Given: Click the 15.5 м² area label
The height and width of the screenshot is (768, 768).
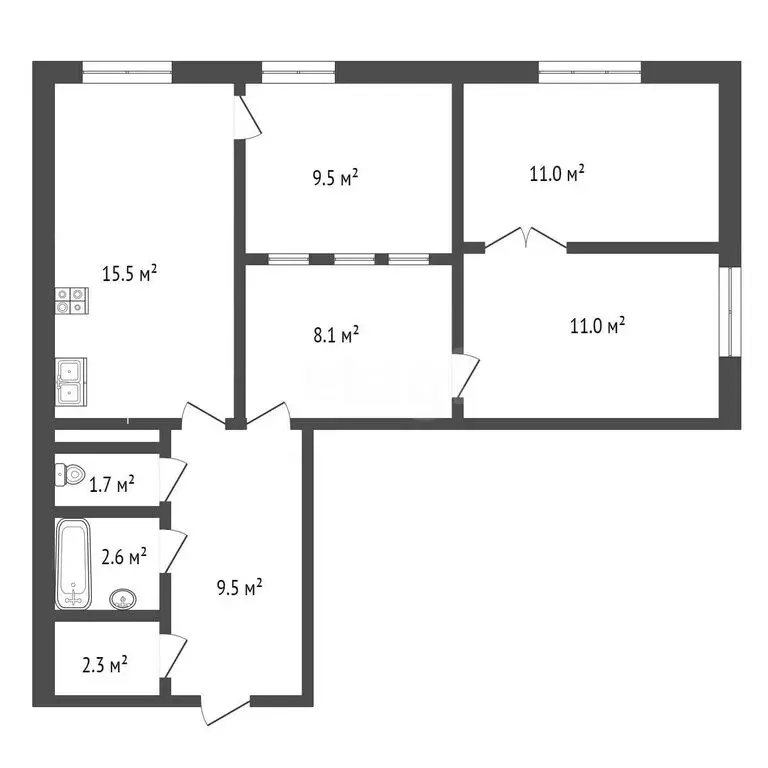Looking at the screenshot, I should tap(130, 272).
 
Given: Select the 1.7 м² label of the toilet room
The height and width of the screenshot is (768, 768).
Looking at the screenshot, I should tap(112, 486).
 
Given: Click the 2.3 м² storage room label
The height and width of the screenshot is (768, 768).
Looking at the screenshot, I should tap(105, 664).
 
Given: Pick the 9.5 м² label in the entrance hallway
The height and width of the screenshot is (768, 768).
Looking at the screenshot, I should tap(240, 587).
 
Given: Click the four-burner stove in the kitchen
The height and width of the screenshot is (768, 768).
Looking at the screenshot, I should tap(70, 301).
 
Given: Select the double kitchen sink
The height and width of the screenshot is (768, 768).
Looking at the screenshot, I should tap(70, 381).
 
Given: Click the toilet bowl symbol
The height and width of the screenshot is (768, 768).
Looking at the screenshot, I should tap(70, 475).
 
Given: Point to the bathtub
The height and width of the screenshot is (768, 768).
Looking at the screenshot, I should tap(72, 563).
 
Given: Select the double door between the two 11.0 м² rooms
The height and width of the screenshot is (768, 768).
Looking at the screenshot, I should tap(527, 240).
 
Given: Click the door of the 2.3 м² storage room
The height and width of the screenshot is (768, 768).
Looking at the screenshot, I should tap(172, 657).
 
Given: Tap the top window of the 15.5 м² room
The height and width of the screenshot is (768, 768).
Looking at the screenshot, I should tap(127, 71).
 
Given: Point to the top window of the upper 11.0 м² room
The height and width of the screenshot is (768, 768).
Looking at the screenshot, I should tap(590, 71).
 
